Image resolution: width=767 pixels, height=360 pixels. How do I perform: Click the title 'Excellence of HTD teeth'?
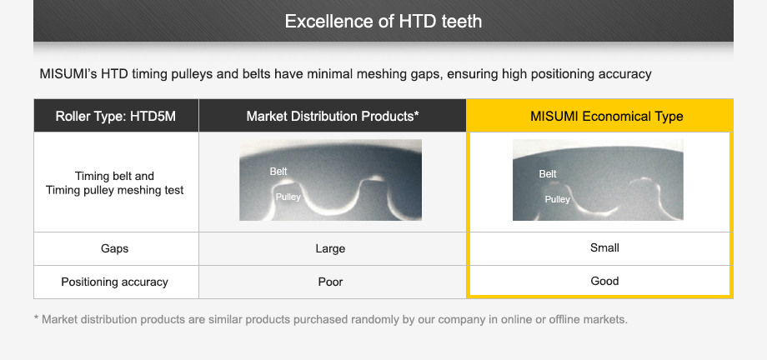click(x=383, y=21)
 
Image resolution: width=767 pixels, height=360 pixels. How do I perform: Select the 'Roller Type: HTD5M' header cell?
click(x=116, y=116)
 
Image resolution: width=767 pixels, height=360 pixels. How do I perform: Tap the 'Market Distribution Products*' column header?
click(x=332, y=116)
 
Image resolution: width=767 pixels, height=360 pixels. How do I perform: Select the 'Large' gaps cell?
click(x=331, y=248)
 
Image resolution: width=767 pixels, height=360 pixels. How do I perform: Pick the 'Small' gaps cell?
click(x=604, y=247)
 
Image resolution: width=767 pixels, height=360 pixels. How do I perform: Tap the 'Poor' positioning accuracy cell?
click(x=331, y=282)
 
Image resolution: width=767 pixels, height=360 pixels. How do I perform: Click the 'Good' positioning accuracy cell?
click(x=604, y=281)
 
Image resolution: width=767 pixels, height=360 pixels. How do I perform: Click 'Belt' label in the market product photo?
click(x=278, y=172)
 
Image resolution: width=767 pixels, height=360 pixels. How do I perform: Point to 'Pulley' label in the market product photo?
click(x=288, y=197)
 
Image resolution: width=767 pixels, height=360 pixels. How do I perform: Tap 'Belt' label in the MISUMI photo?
click(x=548, y=174)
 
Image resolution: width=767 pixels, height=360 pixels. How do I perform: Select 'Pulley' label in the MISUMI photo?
click(x=557, y=199)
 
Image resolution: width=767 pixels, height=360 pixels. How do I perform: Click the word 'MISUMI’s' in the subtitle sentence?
click(x=68, y=74)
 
